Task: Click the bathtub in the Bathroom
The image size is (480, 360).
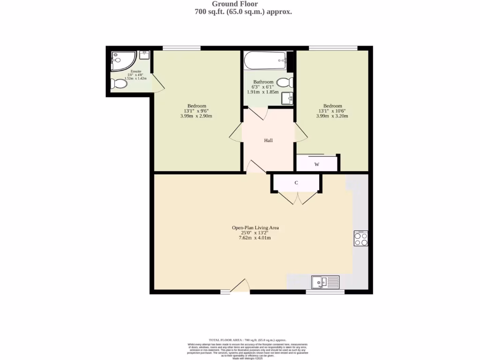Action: tap(265, 60)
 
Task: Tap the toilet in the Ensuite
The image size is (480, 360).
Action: tap(118, 85)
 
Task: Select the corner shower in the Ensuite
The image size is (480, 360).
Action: tap(123, 61)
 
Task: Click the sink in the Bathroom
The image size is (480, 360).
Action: tap(287, 98)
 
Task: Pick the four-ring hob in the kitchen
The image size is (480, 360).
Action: tap(360, 239)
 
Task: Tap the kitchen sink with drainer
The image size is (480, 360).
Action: tap(325, 282)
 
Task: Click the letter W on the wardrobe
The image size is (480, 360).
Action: tap(317, 165)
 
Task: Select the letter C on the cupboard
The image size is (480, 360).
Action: tap(296, 183)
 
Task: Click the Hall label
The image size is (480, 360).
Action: tap(268, 140)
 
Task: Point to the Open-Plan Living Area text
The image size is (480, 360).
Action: tap(255, 228)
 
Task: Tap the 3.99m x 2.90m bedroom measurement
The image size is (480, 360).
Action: tap(196, 116)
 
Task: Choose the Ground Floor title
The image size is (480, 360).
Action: tap(241, 4)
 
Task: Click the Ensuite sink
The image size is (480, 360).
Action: tap(144, 55)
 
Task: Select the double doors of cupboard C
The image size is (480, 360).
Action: tap(296, 198)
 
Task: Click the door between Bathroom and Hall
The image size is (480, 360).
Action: tap(257, 112)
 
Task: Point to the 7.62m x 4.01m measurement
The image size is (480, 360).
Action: tap(255, 238)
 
